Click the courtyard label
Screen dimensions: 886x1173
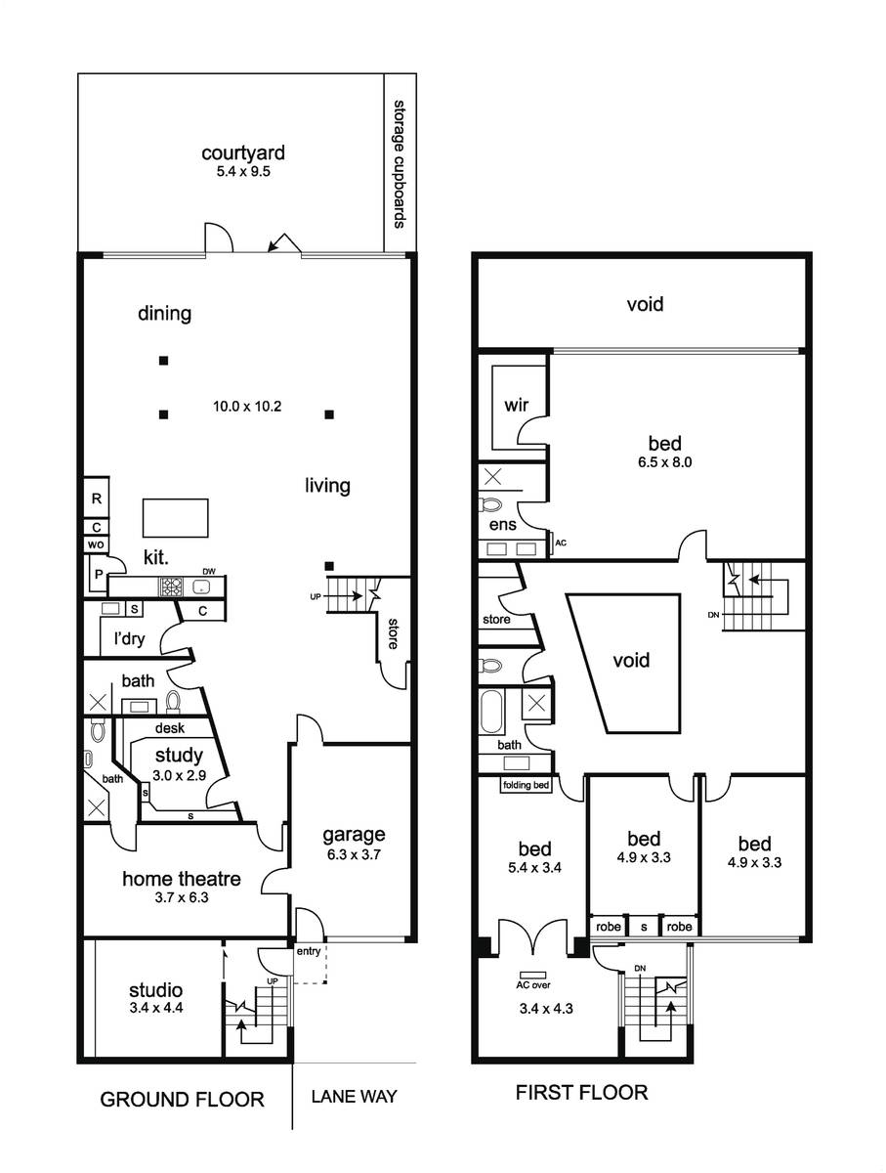tap(243, 152)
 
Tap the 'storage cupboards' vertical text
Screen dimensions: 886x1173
tap(399, 164)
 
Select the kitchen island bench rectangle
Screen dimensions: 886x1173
tap(175, 517)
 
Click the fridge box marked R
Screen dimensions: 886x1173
tap(97, 498)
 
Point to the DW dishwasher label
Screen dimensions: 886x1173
tap(209, 571)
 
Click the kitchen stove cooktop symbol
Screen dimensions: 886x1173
tap(171, 586)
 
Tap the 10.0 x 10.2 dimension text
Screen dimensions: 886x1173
tap(247, 406)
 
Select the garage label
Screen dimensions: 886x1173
tap(354, 835)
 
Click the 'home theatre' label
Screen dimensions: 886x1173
tap(181, 879)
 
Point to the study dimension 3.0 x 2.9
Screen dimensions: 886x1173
tap(179, 775)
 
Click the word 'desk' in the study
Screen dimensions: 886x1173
tap(170, 728)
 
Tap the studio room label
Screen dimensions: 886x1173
tap(155, 990)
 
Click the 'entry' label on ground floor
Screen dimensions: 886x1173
tap(309, 951)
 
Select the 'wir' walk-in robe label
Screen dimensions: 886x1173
tap(516, 405)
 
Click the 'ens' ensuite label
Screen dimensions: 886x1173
tap(502, 525)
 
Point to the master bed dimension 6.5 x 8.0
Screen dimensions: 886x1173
tap(664, 461)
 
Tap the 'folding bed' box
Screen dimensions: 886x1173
tap(526, 785)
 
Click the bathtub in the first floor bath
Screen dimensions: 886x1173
tap(491, 712)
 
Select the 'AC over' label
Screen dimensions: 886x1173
tap(533, 985)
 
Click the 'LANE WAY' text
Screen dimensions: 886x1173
tap(354, 1096)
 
